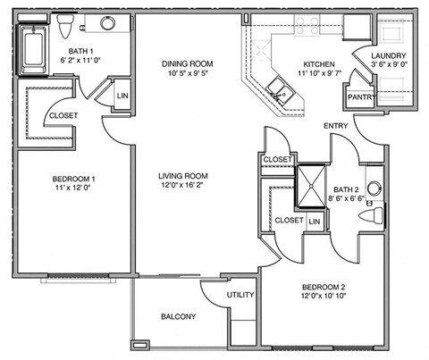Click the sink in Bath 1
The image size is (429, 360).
[107, 24]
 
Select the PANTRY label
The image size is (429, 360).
[360, 97]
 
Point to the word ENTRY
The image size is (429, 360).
[336, 126]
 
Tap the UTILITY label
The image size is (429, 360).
[241, 295]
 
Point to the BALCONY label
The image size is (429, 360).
[179, 317]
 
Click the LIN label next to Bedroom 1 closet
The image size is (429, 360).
[122, 96]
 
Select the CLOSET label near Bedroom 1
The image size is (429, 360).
[63, 116]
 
